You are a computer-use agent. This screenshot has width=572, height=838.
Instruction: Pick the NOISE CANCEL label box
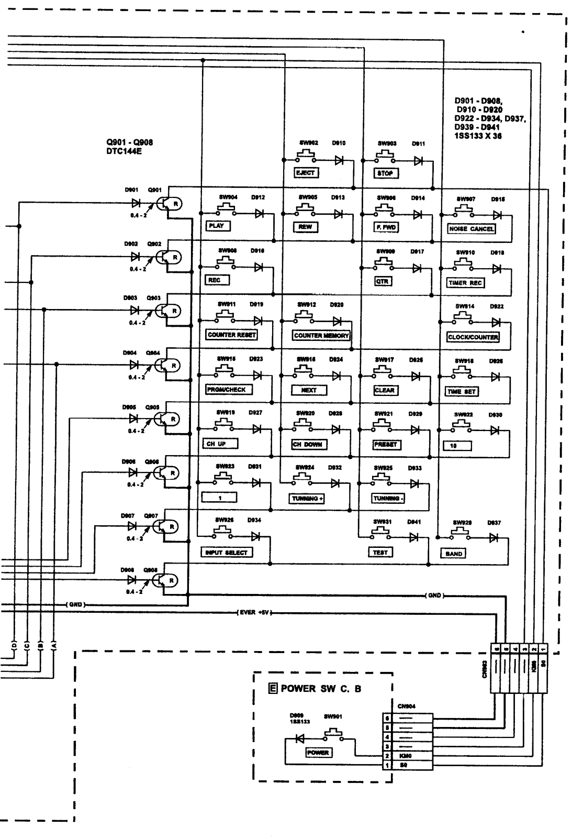pyautogui.click(x=471, y=229)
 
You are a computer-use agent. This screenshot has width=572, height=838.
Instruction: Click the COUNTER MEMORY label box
pyautogui.click(x=321, y=335)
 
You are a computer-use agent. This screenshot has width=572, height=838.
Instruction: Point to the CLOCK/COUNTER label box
pyautogui.click(x=473, y=337)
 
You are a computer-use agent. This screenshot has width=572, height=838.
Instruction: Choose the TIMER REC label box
pyautogui.click(x=465, y=283)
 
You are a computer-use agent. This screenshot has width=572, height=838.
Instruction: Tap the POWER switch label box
pyautogui.click(x=318, y=753)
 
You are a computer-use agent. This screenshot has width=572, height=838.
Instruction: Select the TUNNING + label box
pyautogui.click(x=307, y=499)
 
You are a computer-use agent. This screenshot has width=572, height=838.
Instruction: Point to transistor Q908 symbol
pyautogui.click(x=166, y=580)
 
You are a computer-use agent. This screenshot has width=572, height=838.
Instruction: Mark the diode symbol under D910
pyautogui.click(x=339, y=161)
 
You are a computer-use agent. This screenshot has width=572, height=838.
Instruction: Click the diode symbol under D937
pyautogui.click(x=494, y=537)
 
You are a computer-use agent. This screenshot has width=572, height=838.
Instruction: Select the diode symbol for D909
pyautogui.click(x=300, y=739)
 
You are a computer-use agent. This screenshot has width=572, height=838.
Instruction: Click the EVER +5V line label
pyautogui.click(x=254, y=613)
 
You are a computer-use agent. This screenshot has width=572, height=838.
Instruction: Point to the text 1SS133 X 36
pyautogui.click(x=478, y=136)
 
